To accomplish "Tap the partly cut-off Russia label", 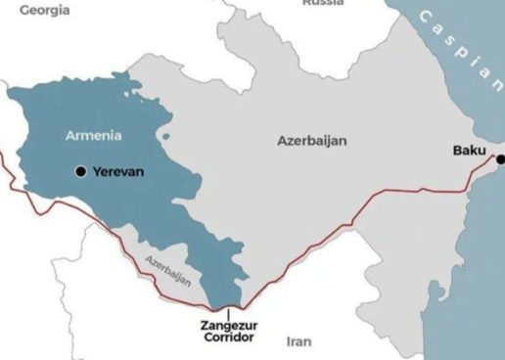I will [x=322, y=3].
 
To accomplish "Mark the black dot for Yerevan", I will [x=80, y=171].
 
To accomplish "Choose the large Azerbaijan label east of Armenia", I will [x=312, y=141].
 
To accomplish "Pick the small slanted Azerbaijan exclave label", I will [x=166, y=270].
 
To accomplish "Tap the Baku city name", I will [x=471, y=151].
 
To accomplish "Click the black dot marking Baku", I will [x=500, y=159].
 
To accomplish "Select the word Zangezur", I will [x=228, y=323].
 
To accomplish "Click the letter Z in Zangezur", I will [x=205, y=323].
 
